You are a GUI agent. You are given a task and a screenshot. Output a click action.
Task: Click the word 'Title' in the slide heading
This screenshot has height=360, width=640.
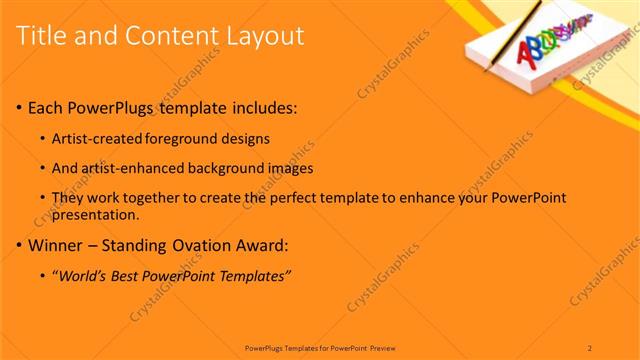tap(41, 37)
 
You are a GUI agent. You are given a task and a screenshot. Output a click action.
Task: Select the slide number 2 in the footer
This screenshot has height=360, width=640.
tap(590, 347)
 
